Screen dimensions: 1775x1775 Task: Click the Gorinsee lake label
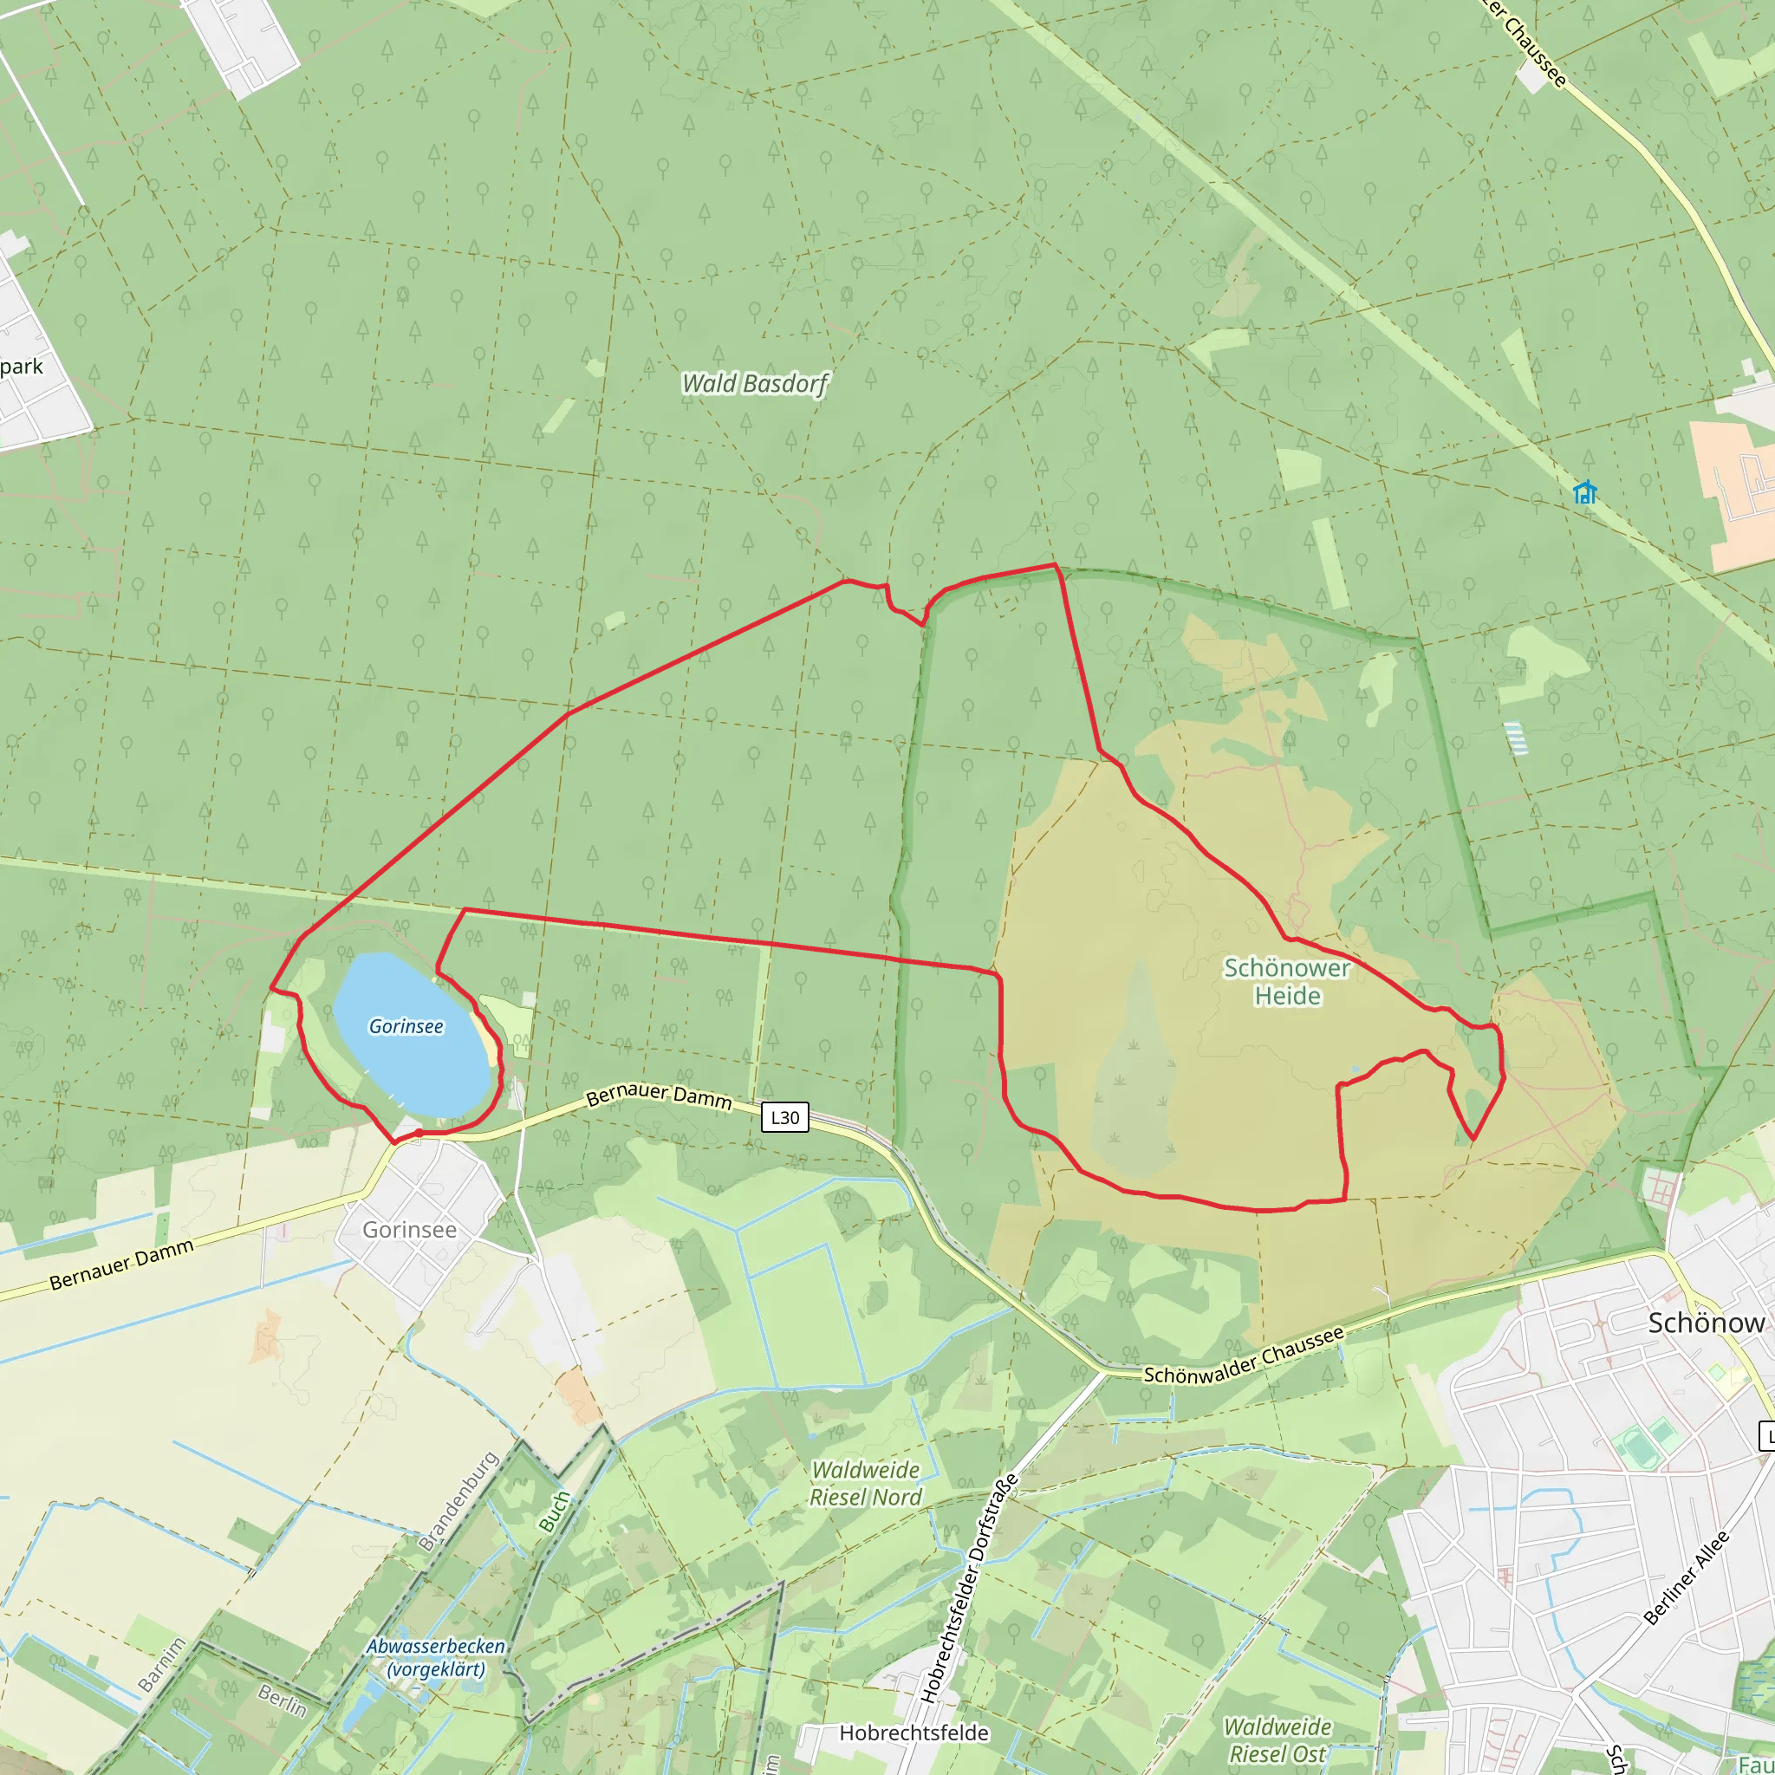click(406, 1026)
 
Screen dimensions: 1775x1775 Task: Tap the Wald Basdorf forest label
click(754, 383)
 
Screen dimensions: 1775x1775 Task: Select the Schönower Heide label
click(1286, 981)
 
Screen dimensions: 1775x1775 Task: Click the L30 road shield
click(784, 1117)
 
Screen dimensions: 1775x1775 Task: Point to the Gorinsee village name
click(409, 1229)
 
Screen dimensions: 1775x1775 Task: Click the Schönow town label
click(1705, 1323)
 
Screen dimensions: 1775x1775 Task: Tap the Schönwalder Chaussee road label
click(1243, 1356)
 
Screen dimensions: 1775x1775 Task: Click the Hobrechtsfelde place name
click(914, 1733)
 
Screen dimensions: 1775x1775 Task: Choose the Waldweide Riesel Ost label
click(1277, 1740)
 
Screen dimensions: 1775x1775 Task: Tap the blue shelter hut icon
click(1584, 492)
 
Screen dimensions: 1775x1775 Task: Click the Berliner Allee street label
click(1686, 1577)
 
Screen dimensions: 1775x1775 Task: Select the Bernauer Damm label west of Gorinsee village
click(121, 1265)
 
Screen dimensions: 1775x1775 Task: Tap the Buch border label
click(554, 1512)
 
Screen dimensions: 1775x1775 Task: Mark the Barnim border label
click(162, 1665)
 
